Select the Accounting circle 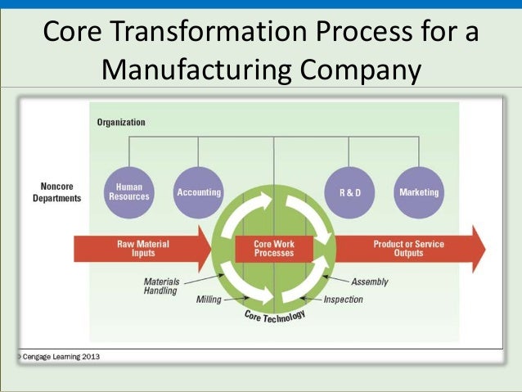[199, 192]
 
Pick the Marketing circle [419, 192]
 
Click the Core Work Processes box [273, 249]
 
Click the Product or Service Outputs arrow [409, 249]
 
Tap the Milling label [209, 300]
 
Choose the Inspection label [342, 300]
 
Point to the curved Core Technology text [274, 316]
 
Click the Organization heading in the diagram [121, 123]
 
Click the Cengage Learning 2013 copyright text [57, 357]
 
